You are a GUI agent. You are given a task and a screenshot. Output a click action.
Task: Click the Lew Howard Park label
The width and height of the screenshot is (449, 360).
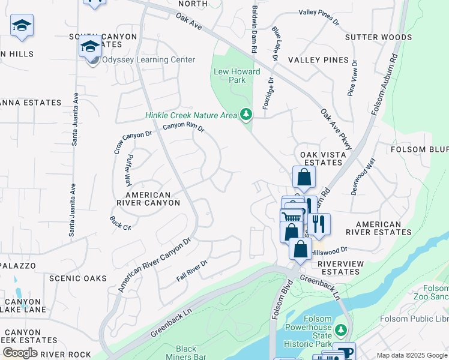(237, 76)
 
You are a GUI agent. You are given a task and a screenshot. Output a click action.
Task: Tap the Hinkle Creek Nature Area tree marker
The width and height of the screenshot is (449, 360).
(246, 114)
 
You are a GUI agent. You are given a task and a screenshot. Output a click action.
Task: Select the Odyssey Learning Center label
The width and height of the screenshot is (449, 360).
(148, 60)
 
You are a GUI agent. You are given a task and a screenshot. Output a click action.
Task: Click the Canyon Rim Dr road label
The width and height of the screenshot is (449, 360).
(184, 127)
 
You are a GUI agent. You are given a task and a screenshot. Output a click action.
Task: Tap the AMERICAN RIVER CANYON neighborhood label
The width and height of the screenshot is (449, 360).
(152, 199)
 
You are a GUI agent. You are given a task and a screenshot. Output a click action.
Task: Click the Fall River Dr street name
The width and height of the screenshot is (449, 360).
(191, 271)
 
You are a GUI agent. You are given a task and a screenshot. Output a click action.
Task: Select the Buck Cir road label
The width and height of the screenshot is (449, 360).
(121, 223)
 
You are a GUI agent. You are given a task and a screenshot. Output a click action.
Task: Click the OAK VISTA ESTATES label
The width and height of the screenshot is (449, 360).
(316, 158)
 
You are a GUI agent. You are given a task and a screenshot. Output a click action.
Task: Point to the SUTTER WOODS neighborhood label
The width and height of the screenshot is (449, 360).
(379, 37)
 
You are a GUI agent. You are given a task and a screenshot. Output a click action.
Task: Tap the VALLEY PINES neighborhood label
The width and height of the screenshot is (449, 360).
(318, 60)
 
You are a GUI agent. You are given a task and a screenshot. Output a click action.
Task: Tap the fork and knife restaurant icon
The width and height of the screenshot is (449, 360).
(319, 223)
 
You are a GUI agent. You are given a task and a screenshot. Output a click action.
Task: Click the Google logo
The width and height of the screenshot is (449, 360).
(19, 352)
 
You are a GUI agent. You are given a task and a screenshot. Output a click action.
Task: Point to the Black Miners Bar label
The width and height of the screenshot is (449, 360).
(186, 353)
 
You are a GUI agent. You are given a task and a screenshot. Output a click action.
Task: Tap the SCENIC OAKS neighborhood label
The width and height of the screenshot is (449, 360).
(78, 278)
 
